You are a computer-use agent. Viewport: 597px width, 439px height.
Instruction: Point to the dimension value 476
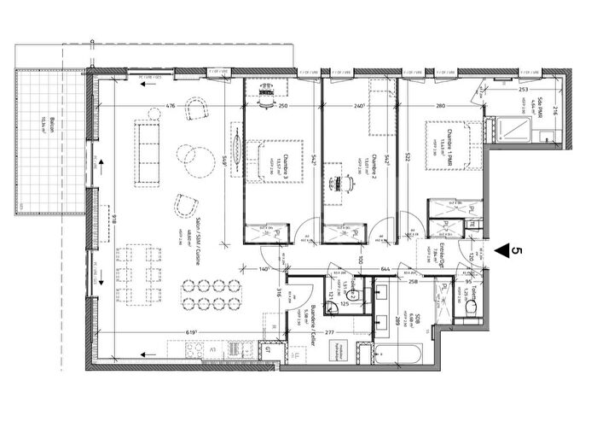coord(170,106)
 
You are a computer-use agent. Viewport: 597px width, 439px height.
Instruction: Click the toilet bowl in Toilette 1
coord(467,307)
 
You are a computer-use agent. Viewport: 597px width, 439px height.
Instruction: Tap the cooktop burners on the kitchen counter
coord(206,351)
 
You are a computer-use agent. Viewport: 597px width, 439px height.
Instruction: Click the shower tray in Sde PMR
coord(515,129)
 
